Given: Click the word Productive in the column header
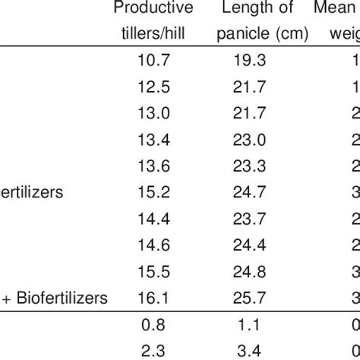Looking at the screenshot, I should pos(153,8).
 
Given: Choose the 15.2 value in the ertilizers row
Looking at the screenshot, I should pos(154,192).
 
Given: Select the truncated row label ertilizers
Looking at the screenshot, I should pos(31,192).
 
